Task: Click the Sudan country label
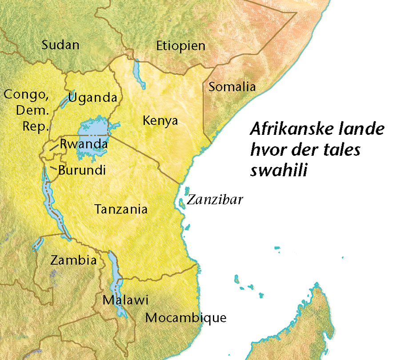point(60,45)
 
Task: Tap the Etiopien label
point(180,46)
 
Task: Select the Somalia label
point(232,87)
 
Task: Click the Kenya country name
point(160,121)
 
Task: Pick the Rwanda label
point(84,144)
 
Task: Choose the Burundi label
point(82,170)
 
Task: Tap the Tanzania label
point(121,209)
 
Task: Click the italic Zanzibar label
point(215,200)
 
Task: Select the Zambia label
point(73,260)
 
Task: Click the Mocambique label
point(186,318)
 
